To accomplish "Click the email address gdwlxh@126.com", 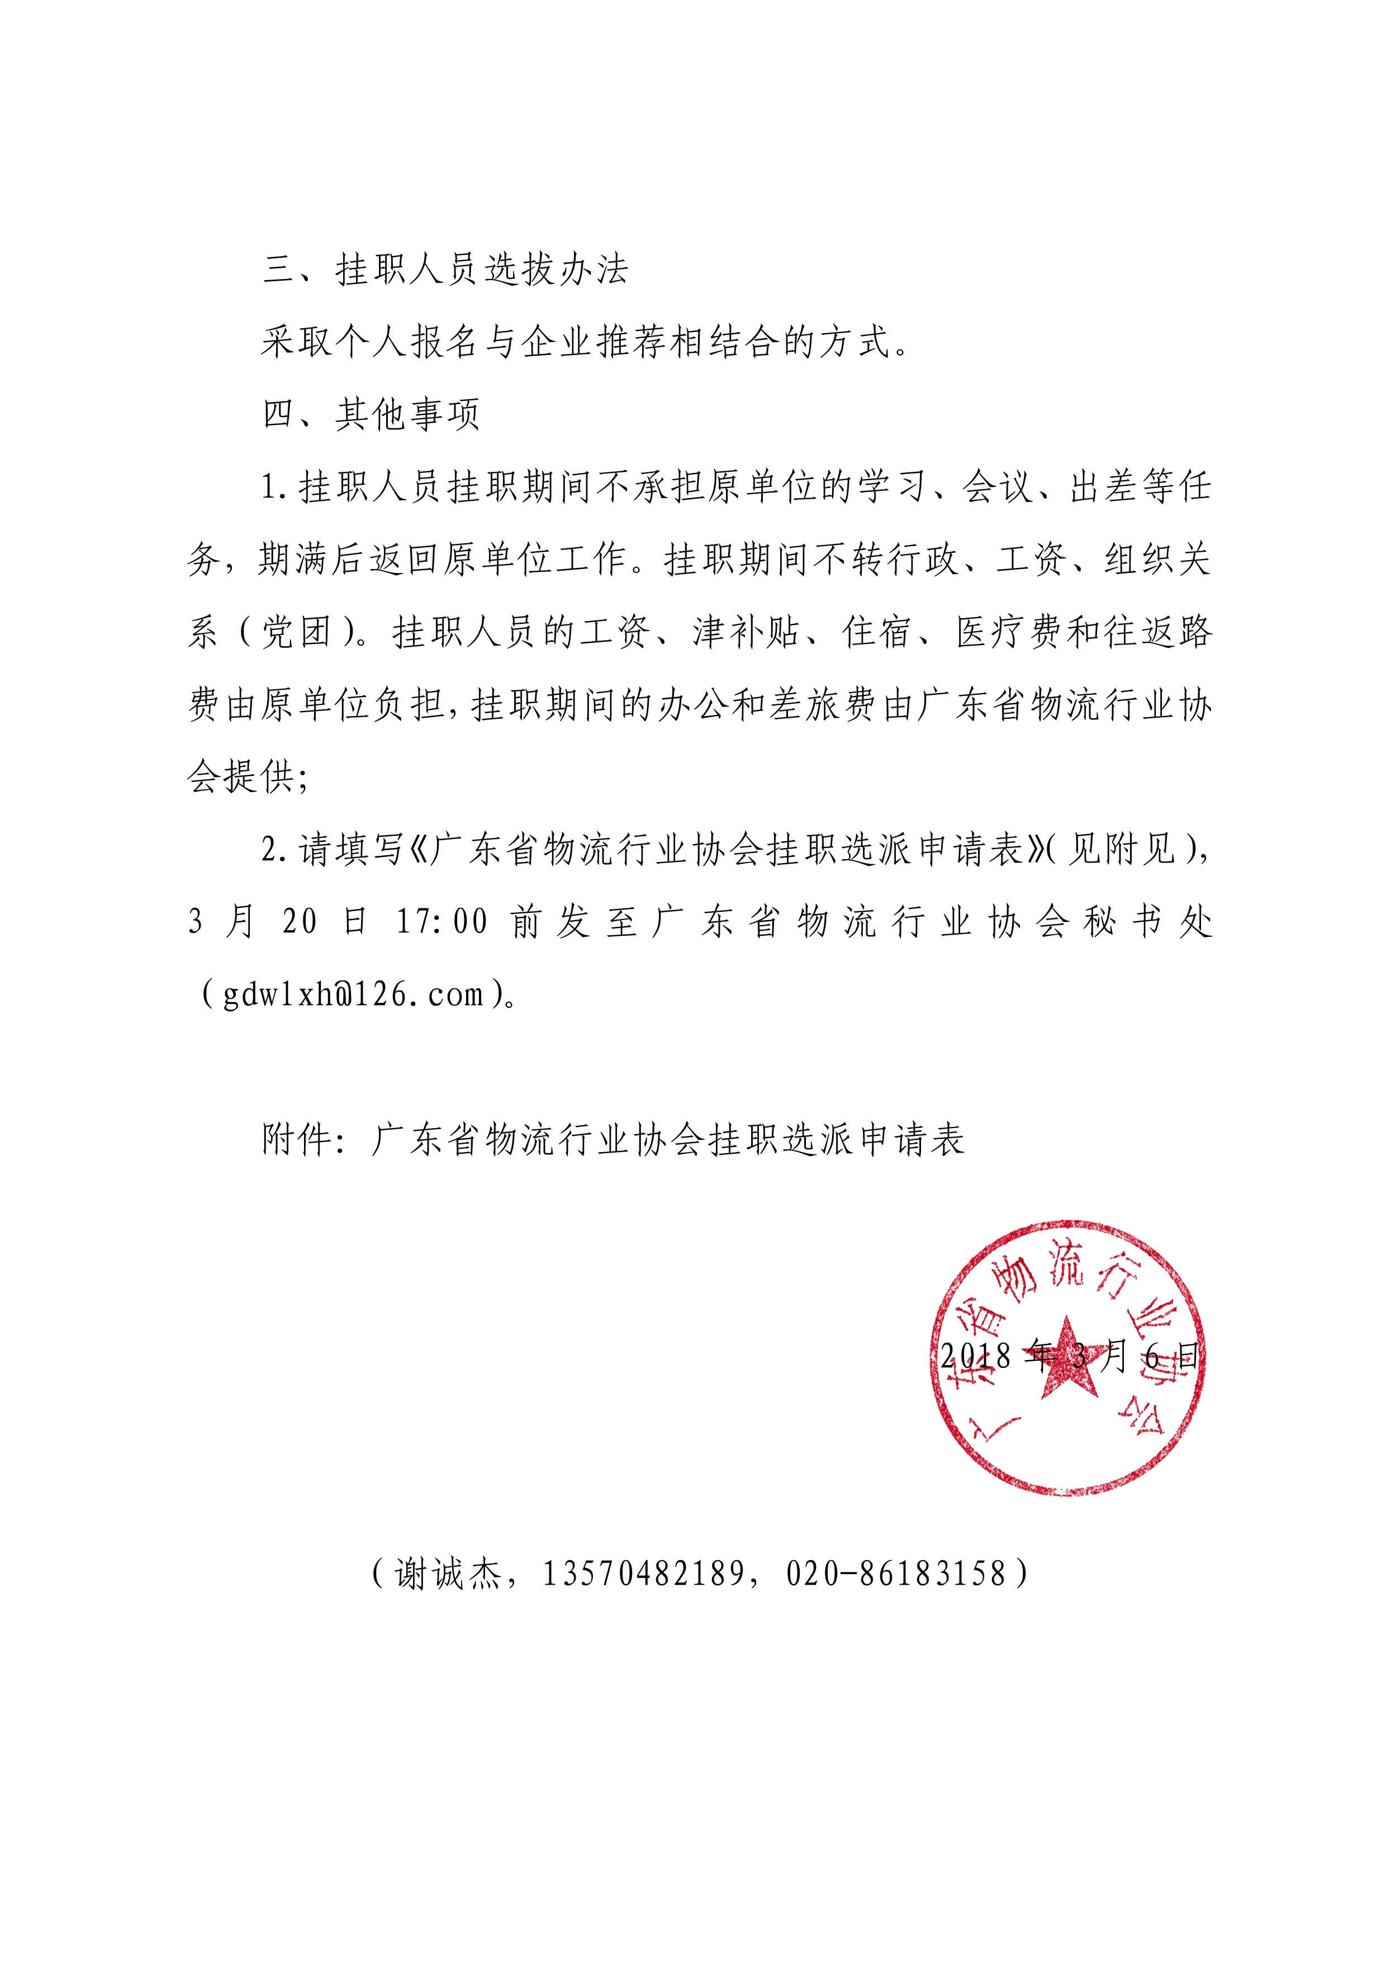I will coord(354,994).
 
